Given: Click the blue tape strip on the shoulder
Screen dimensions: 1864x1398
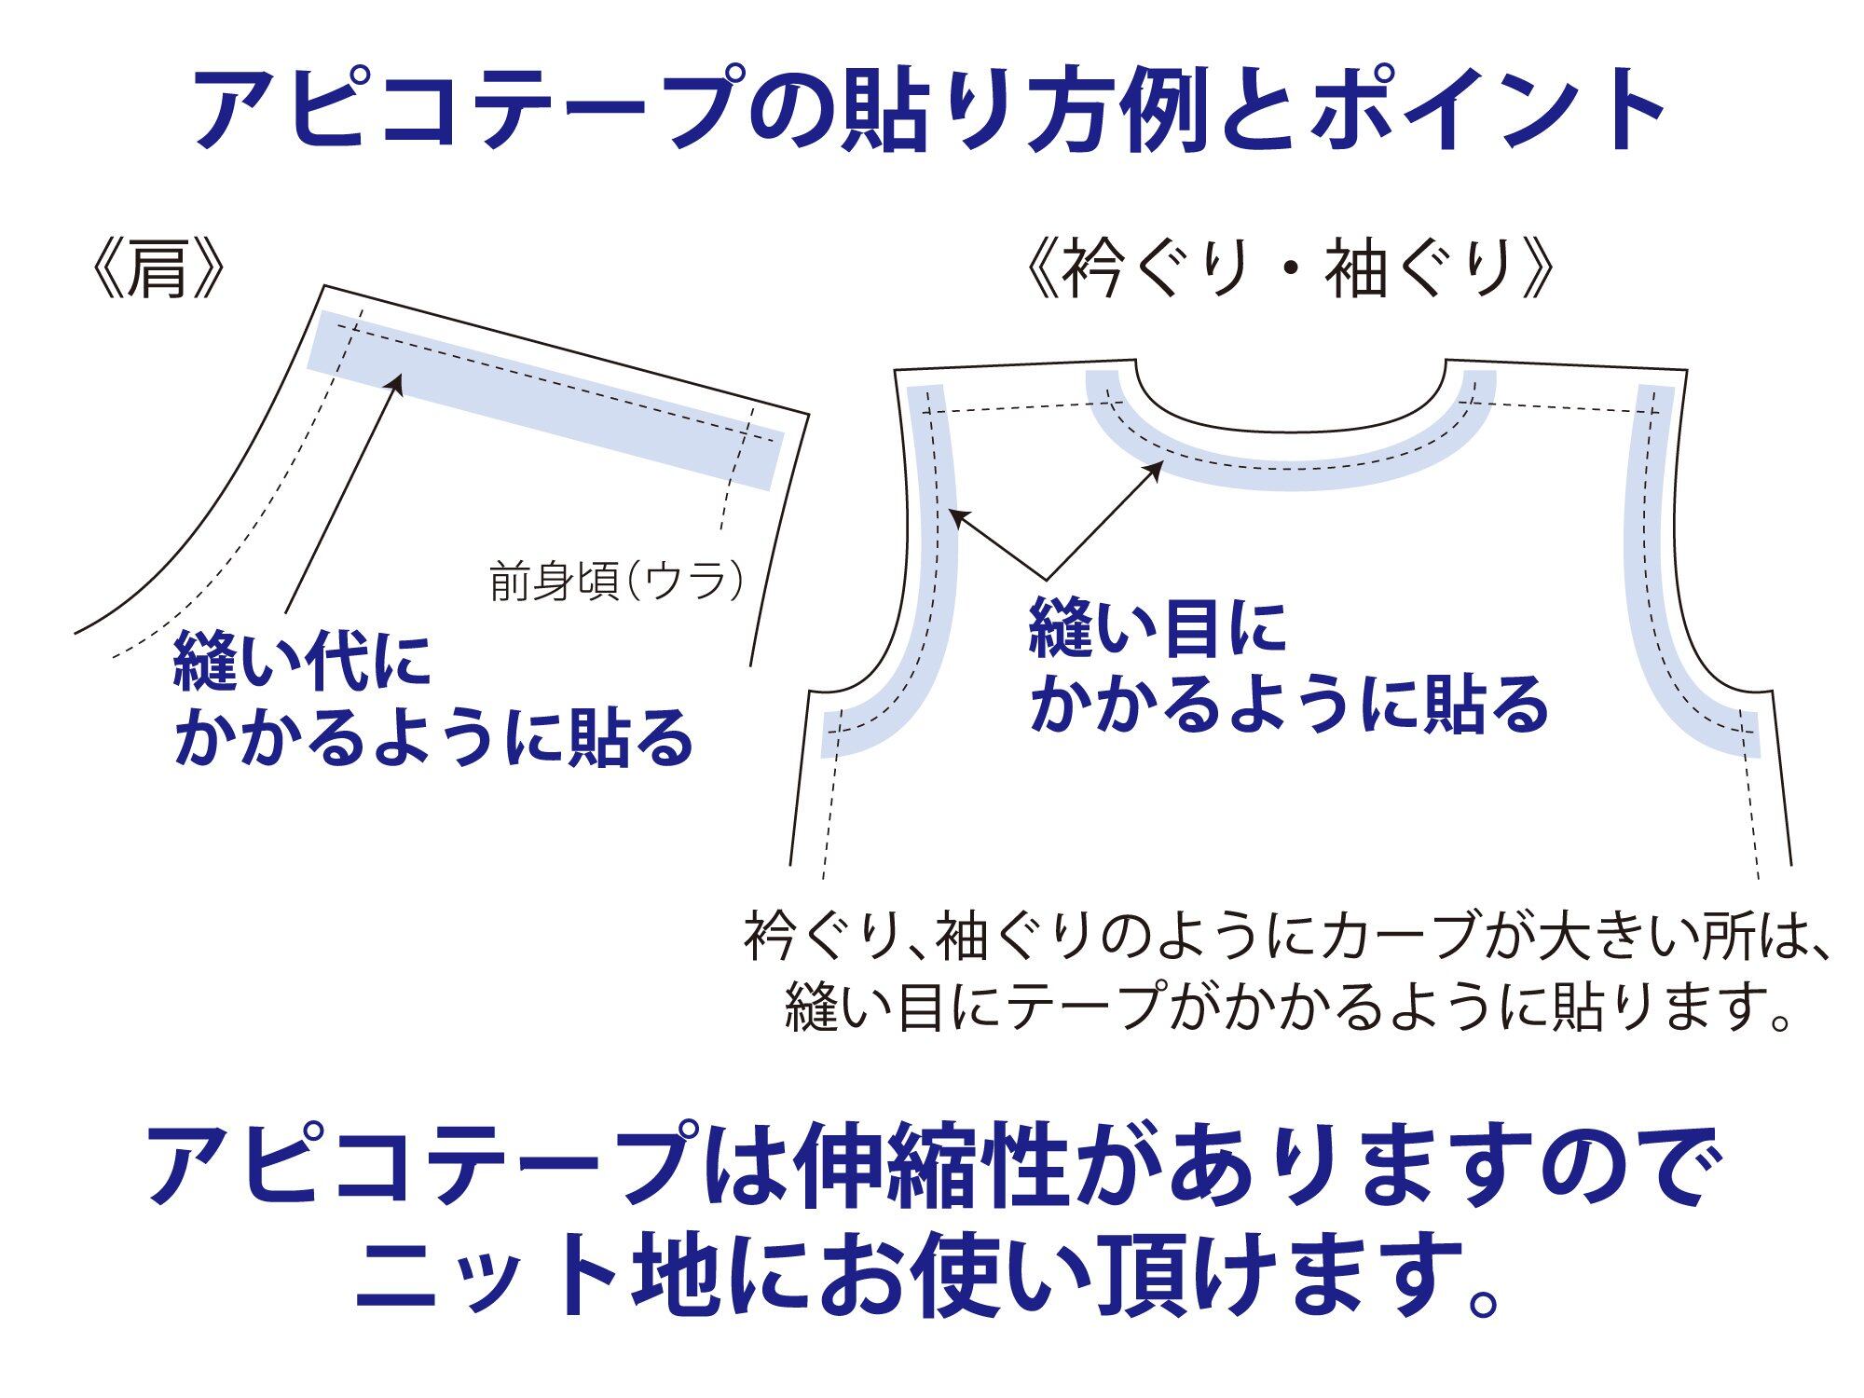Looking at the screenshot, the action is (545, 401).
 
